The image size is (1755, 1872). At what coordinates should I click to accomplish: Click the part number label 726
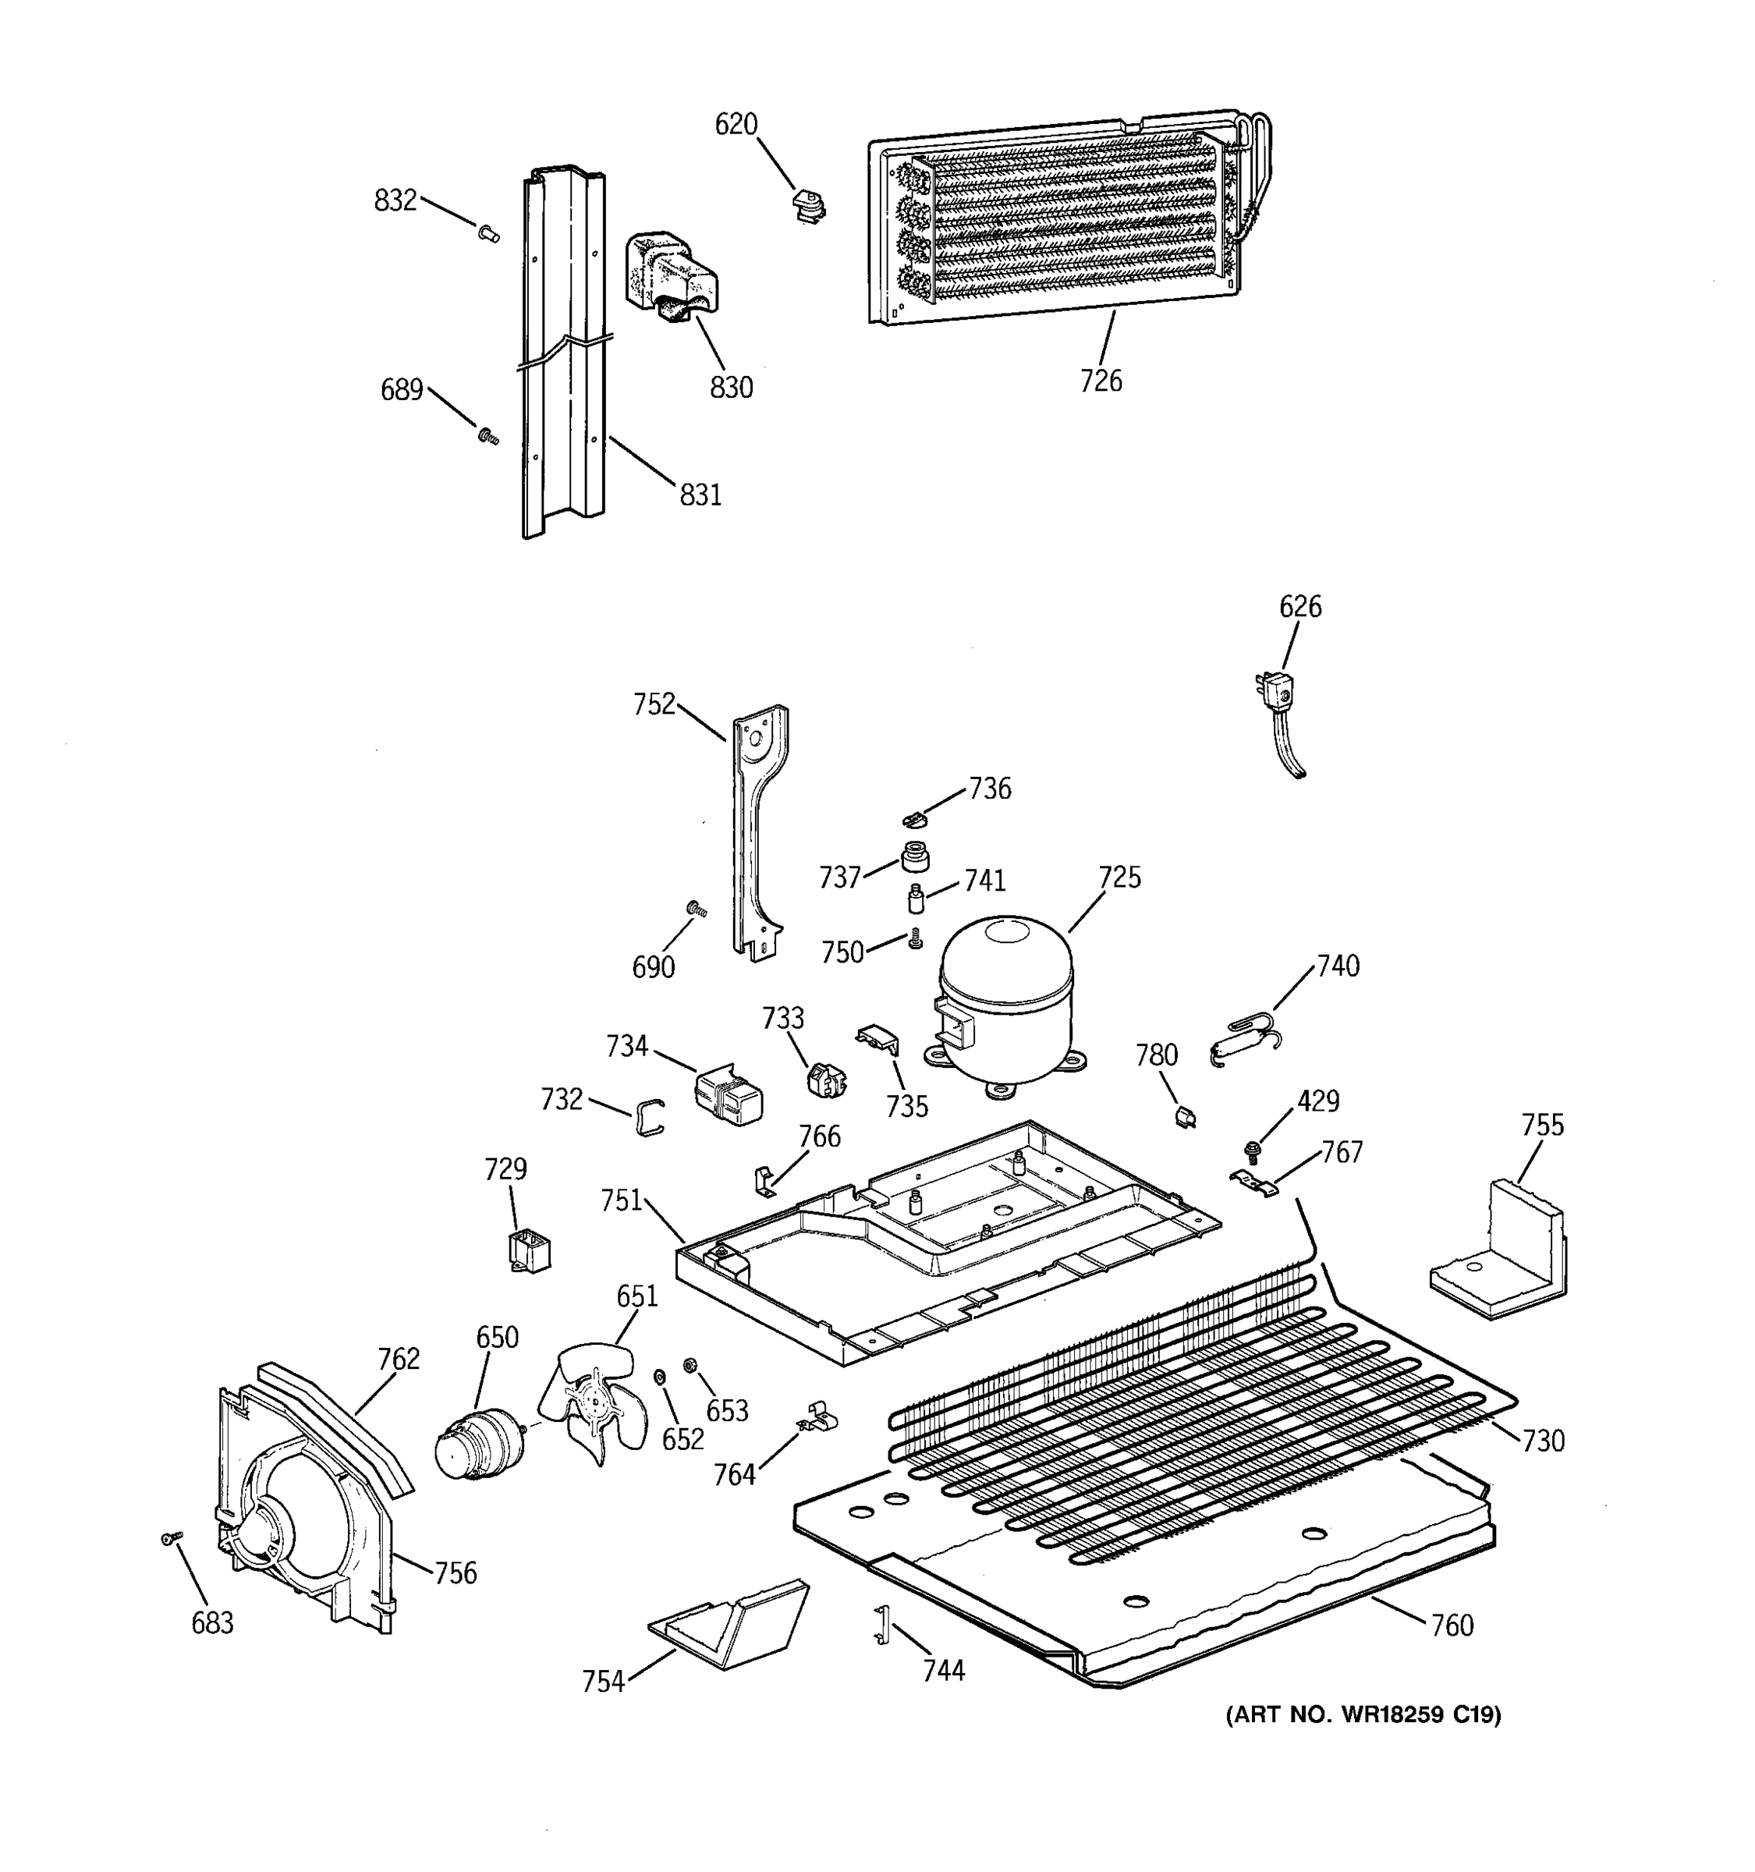click(x=1101, y=381)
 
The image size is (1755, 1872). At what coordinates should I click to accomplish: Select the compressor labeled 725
click(x=1005, y=1003)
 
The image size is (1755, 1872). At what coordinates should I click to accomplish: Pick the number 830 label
click(x=731, y=387)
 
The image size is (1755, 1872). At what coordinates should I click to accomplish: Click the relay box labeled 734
click(x=728, y=1095)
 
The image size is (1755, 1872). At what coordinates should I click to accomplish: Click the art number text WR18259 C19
click(x=1363, y=1714)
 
